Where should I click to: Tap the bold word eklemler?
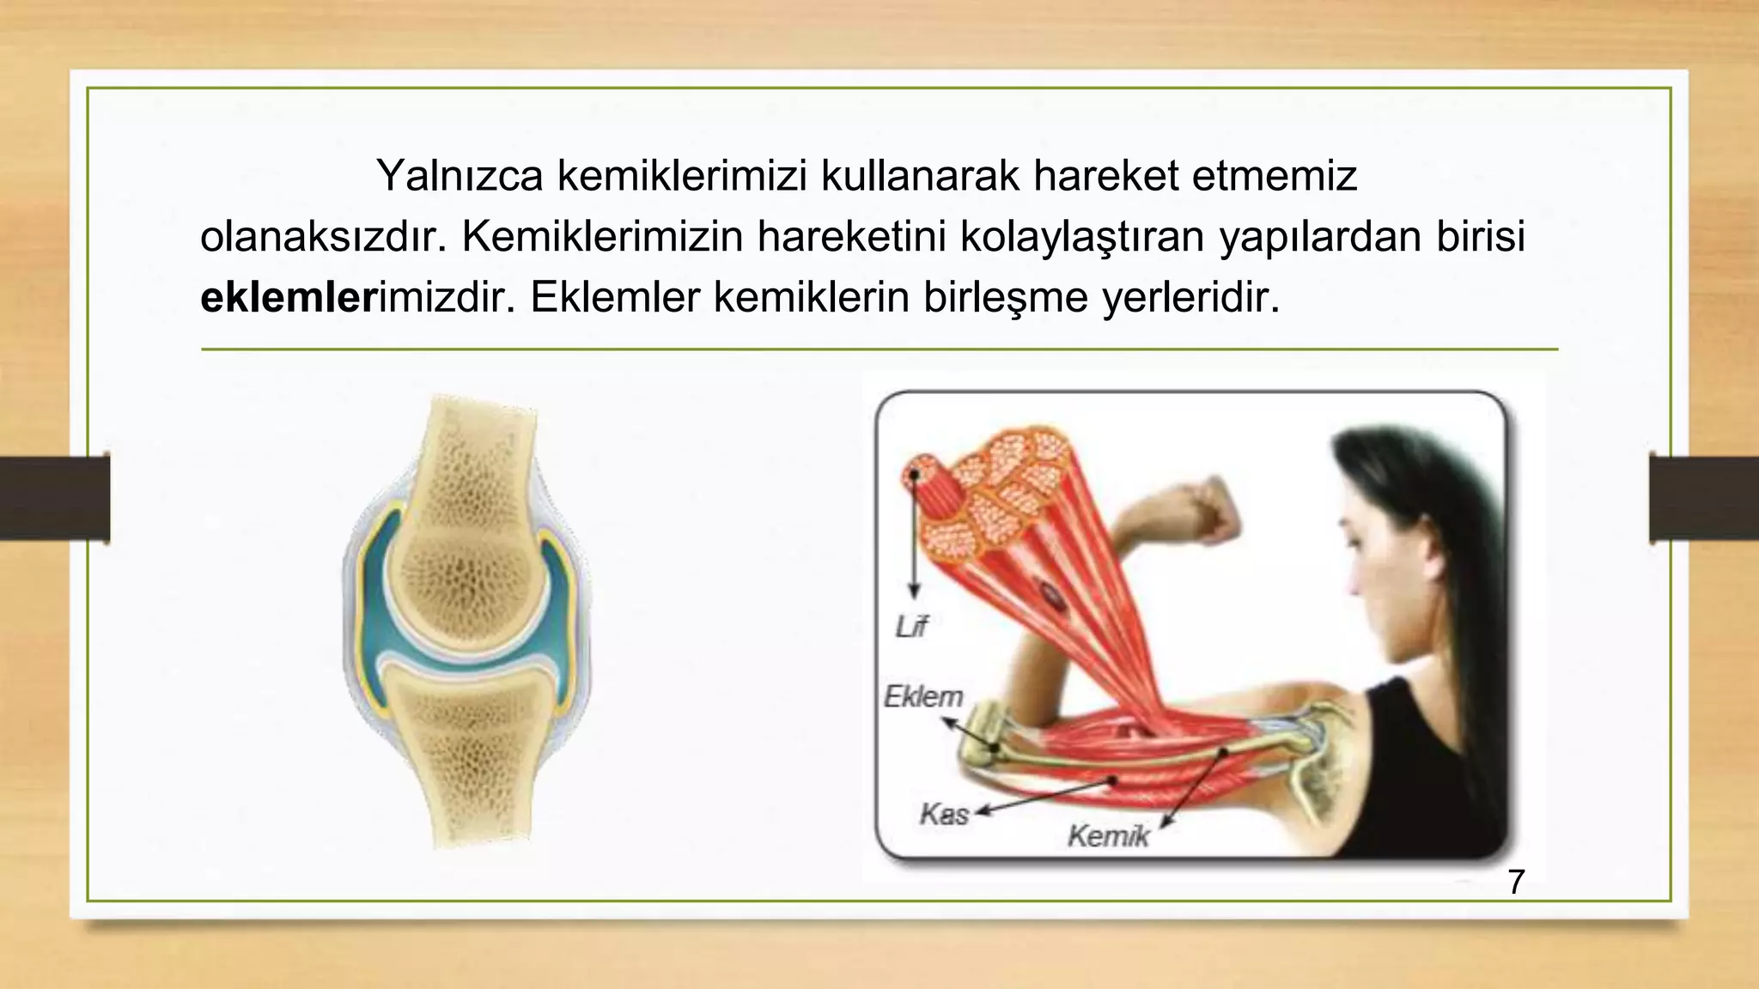[x=289, y=298]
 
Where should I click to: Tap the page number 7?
[x=1516, y=883]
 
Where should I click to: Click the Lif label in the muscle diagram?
[x=911, y=628]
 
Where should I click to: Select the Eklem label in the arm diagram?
[x=923, y=696]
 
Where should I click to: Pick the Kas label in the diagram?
[x=943, y=813]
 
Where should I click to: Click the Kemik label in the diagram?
[x=1107, y=835]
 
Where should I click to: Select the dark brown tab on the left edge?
[x=54, y=499]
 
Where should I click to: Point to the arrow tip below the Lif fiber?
[x=915, y=595]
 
